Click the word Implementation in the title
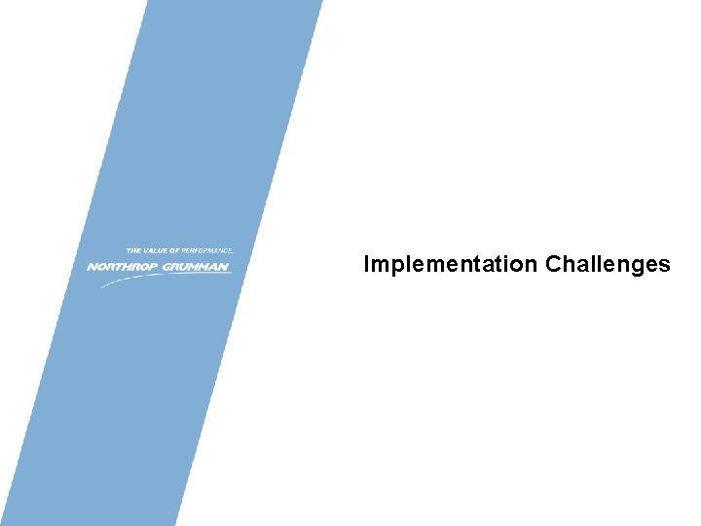[x=451, y=264]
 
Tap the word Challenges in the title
[x=609, y=264]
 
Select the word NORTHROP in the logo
[x=122, y=266]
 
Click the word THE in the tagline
[x=133, y=251]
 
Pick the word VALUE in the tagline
[x=156, y=251]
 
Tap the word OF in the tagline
[x=175, y=251]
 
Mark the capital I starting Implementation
[x=366, y=264]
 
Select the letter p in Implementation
[x=393, y=267]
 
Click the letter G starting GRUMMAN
[x=166, y=266]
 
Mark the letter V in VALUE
[x=146, y=251]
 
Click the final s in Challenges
[x=664, y=265]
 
